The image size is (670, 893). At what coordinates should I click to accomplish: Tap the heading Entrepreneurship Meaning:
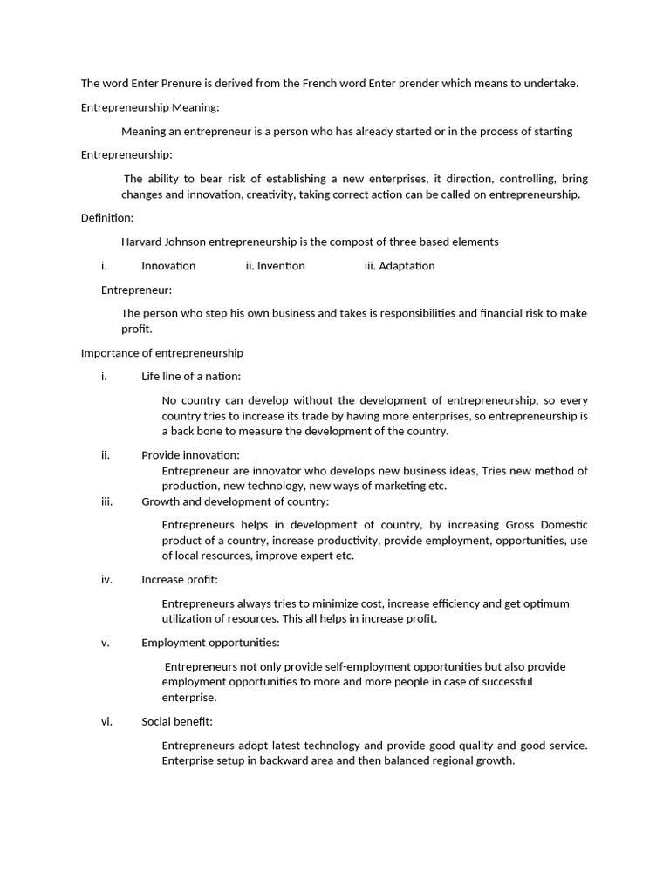(x=150, y=107)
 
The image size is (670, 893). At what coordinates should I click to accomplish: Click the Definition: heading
(x=107, y=218)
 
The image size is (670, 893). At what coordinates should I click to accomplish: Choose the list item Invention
(x=280, y=266)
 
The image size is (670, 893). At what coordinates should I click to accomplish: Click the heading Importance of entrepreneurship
(x=162, y=353)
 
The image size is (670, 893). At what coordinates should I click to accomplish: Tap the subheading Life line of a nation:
(x=191, y=377)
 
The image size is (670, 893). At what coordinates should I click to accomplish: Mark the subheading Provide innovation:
(x=190, y=455)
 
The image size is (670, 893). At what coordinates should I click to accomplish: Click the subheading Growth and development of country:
(x=236, y=501)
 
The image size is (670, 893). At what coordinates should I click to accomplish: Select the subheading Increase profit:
(x=180, y=580)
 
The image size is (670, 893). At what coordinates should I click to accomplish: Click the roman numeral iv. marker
(x=106, y=580)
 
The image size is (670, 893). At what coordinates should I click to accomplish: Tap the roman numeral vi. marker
(x=106, y=722)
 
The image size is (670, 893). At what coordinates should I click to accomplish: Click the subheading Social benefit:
(x=177, y=722)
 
